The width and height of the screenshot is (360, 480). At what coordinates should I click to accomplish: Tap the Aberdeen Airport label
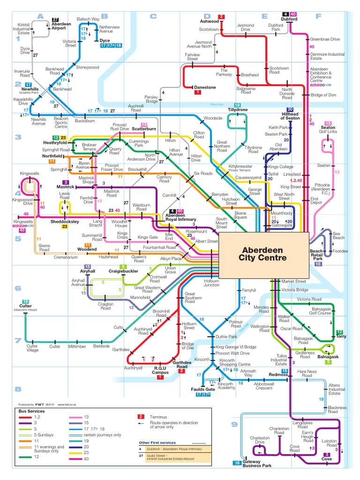61,26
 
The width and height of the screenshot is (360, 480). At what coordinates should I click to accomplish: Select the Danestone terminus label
205,87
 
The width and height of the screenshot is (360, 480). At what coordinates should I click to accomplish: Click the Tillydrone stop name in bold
238,110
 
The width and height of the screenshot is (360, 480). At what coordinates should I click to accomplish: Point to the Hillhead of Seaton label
290,116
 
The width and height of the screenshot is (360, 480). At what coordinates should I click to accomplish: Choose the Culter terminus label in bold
25,306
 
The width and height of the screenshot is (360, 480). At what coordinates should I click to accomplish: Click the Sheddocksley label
64,221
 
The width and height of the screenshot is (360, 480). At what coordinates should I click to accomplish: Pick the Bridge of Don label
323,95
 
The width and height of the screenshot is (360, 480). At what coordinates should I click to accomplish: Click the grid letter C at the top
152,16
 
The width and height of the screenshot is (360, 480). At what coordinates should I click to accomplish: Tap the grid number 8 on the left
18,389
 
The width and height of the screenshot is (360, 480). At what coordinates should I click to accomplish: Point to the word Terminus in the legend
158,416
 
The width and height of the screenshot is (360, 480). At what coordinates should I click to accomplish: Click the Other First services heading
157,442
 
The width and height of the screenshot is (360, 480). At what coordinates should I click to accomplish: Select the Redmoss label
278,375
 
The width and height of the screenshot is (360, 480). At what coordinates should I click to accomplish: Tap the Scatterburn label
144,129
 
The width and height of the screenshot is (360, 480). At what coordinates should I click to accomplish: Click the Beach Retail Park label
316,255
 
